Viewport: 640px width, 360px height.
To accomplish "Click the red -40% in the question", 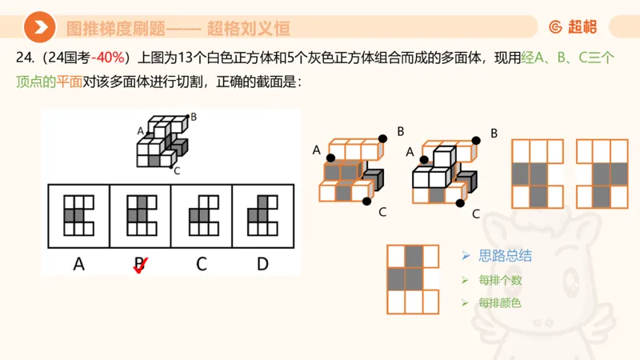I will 107,58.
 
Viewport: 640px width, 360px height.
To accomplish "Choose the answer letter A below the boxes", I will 78,263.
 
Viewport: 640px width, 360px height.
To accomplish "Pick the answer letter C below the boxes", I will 201,263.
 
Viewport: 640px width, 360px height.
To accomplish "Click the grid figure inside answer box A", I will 78,215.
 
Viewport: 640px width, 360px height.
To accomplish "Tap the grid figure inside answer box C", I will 201,215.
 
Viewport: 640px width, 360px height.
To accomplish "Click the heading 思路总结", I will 504,256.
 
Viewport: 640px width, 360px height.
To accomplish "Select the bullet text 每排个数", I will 500,280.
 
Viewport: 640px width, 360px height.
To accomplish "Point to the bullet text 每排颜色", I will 500,303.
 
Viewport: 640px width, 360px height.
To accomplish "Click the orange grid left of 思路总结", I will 413,278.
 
